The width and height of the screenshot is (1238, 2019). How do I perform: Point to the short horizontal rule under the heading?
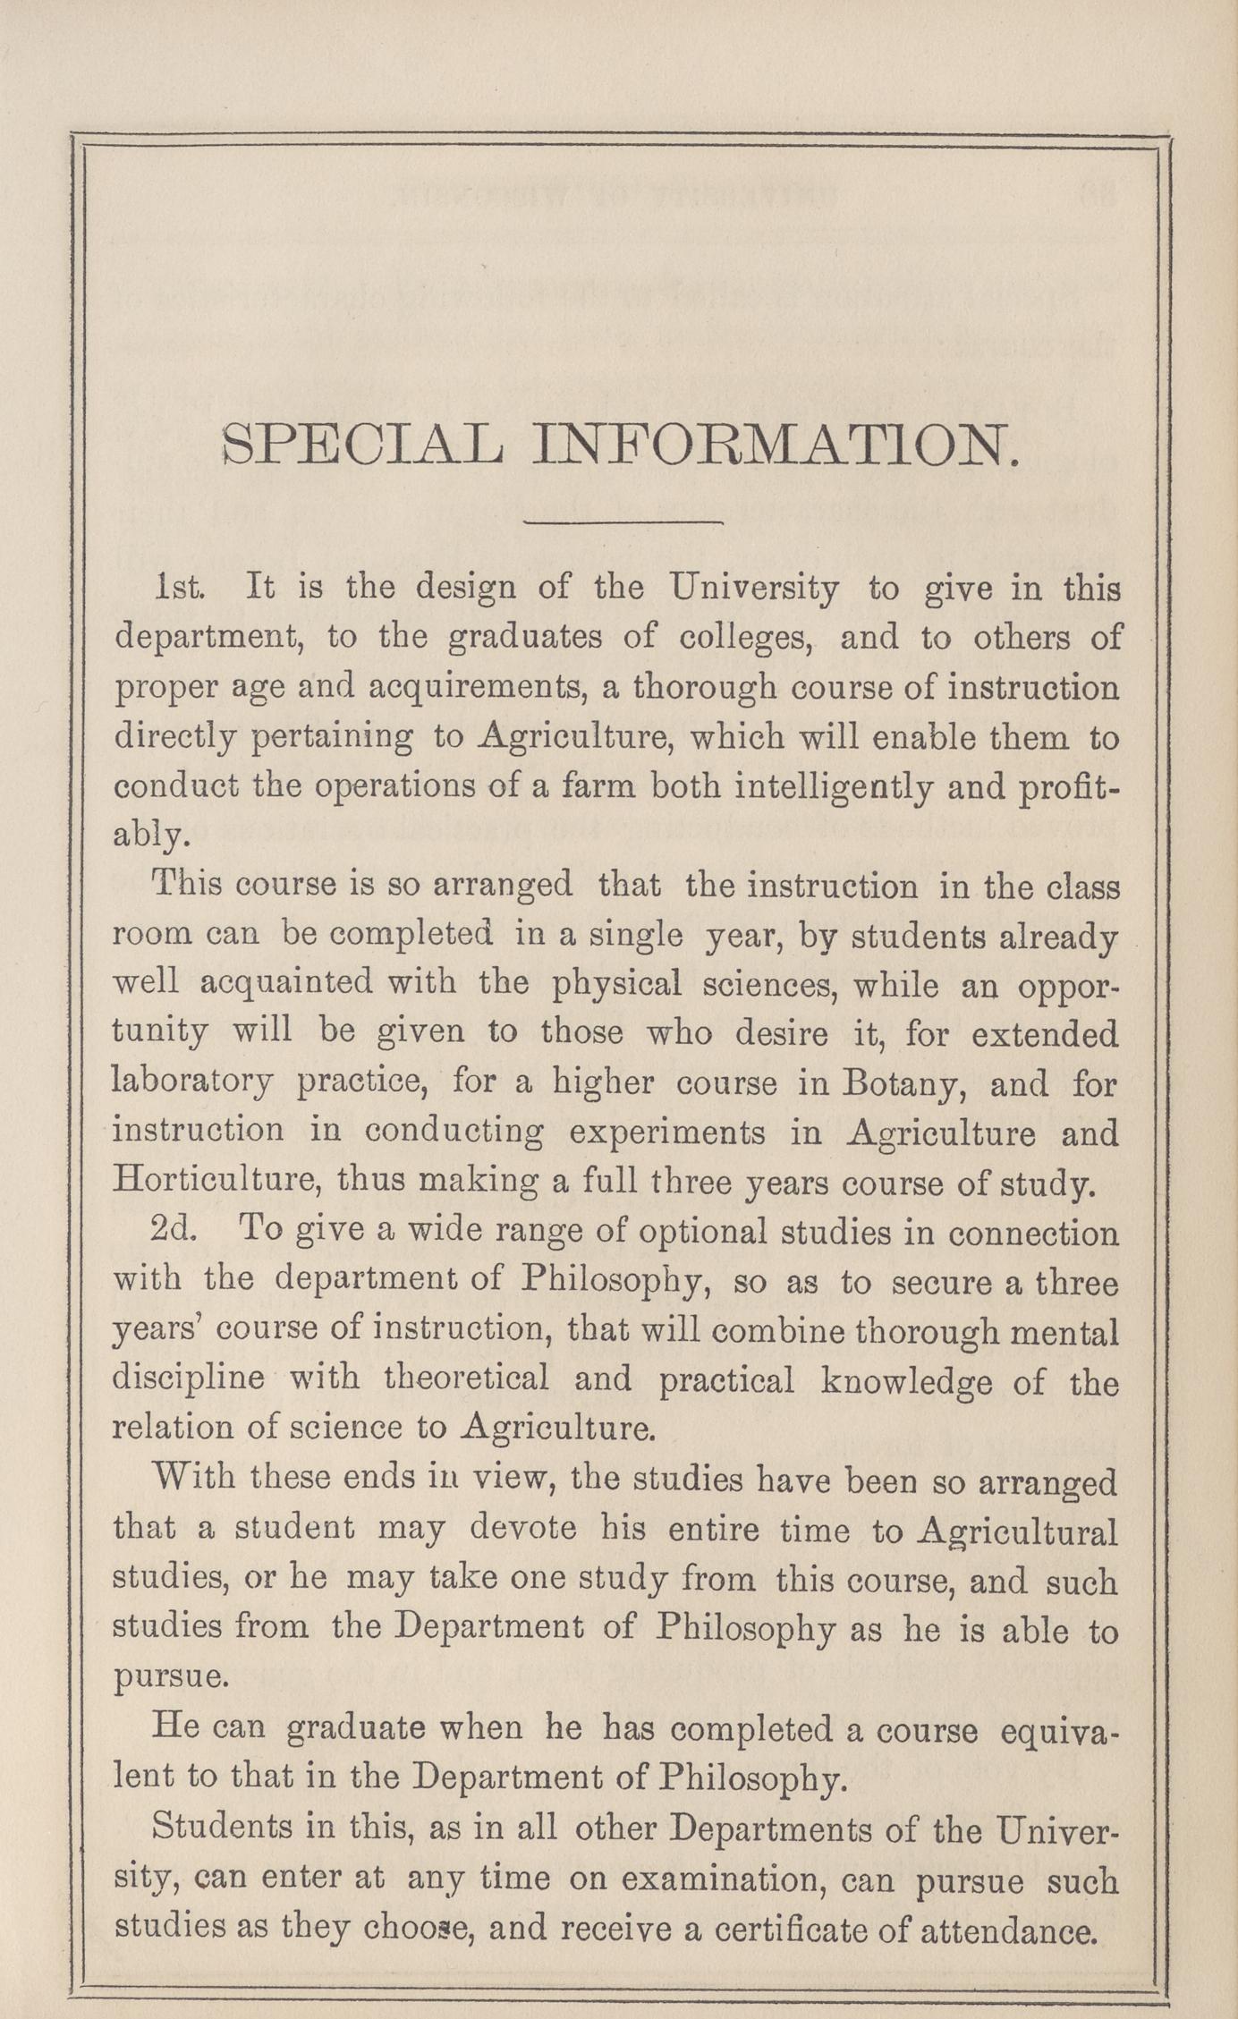tap(623, 521)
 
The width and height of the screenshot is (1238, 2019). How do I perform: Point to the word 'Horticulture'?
tap(216, 1183)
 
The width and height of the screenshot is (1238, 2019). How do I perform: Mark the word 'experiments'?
tap(667, 1133)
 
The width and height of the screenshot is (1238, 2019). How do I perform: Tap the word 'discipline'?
tap(188, 1379)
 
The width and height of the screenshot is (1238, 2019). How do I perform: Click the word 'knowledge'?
tap(906, 1380)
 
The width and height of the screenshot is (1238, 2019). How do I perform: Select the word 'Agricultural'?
tap(1017, 1531)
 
